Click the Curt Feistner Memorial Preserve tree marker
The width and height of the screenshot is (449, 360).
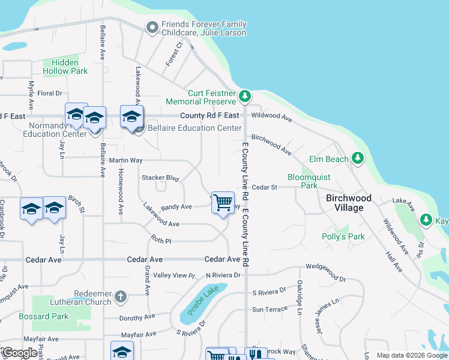click(244, 96)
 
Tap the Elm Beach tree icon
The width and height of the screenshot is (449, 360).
click(358, 158)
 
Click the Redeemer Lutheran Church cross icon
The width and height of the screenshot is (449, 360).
click(121, 297)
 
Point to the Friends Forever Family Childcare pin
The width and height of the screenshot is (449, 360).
click(151, 27)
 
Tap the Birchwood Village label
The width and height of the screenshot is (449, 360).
click(349, 203)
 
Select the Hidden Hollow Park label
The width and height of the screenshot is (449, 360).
click(65, 67)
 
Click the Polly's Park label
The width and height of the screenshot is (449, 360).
click(343, 236)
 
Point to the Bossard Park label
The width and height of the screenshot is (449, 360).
click(52, 316)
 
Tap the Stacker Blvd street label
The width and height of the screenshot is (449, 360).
click(160, 178)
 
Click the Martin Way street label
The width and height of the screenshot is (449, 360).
click(125, 160)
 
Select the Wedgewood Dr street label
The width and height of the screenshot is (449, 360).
click(326, 279)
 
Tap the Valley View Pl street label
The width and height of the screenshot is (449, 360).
click(174, 275)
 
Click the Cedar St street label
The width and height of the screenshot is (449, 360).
click(264, 187)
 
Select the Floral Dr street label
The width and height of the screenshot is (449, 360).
click(50, 93)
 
